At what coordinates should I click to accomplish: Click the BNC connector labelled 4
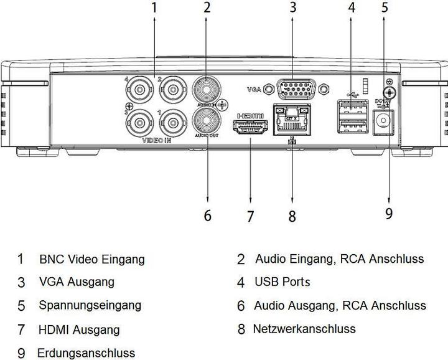141,92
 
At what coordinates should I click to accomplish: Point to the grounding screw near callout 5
388,92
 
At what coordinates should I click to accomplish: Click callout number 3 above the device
292,8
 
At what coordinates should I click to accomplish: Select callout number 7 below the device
250,216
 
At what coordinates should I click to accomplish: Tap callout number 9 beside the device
388,213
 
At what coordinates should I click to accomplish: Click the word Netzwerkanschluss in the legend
304,329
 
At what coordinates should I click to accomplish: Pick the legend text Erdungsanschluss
86,353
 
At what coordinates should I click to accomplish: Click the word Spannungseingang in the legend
90,305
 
